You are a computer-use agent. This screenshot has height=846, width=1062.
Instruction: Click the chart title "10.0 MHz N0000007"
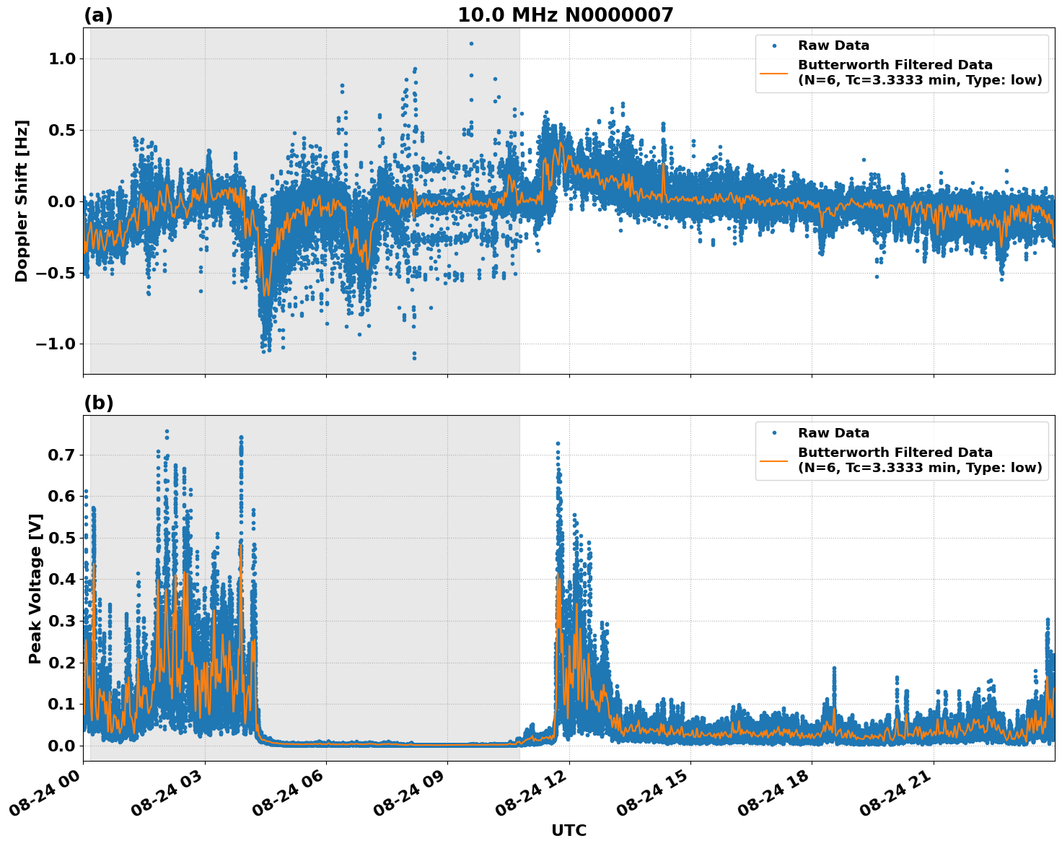565,15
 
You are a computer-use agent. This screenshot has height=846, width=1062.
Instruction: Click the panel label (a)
98,15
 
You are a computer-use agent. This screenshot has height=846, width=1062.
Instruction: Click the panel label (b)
98,403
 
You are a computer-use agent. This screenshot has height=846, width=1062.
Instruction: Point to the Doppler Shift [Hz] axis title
22,201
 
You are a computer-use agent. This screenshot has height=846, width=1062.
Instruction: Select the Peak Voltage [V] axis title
35,588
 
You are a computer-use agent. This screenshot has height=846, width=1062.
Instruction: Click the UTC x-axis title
569,830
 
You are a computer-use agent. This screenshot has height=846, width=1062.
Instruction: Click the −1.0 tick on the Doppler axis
55,344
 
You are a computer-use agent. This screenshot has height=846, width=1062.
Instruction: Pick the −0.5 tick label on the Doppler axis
55,273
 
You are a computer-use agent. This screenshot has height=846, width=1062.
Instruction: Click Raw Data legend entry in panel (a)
833,46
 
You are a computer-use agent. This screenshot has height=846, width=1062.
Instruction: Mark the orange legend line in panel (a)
774,72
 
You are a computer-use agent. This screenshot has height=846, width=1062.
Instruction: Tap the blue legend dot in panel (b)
774,433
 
